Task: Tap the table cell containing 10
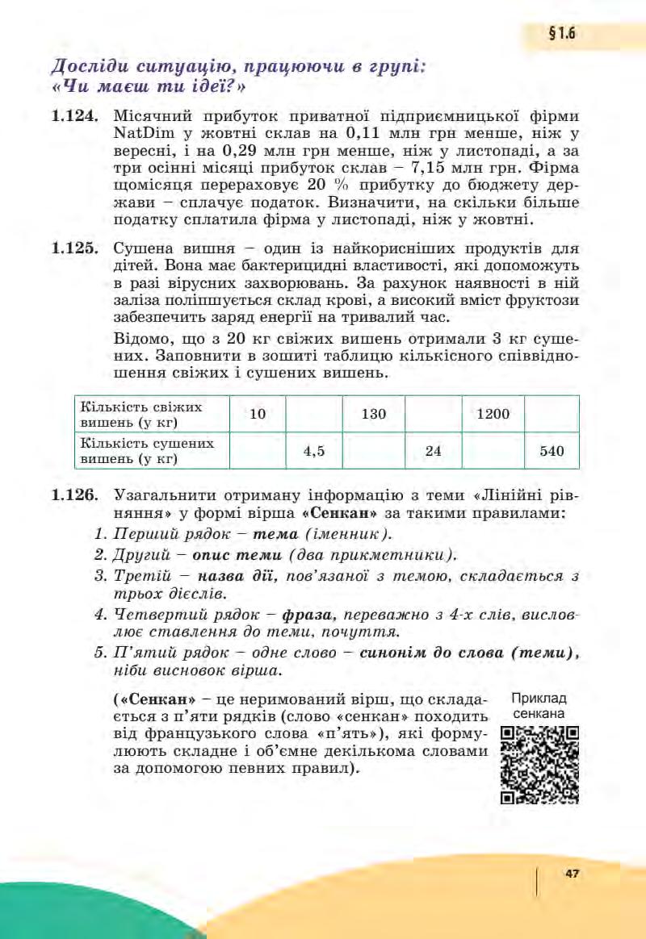click(x=258, y=414)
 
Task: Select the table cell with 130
click(x=373, y=414)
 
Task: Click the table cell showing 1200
click(x=493, y=414)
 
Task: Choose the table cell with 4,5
click(x=314, y=451)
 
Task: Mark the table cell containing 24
click(x=433, y=451)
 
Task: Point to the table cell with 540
click(x=552, y=451)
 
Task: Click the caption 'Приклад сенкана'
click(x=539, y=706)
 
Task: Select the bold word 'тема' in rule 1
click(x=275, y=534)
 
